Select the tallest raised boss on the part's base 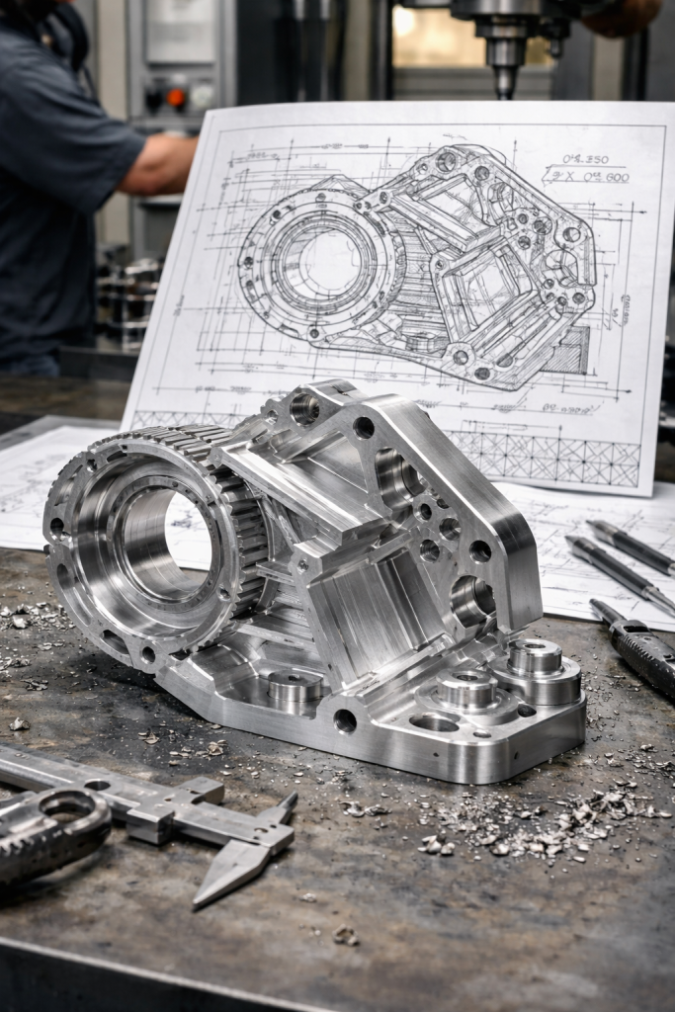(x=535, y=657)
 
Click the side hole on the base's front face (x=345, y=720)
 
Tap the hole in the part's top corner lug (x=304, y=408)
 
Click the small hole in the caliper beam (x=97, y=786)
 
